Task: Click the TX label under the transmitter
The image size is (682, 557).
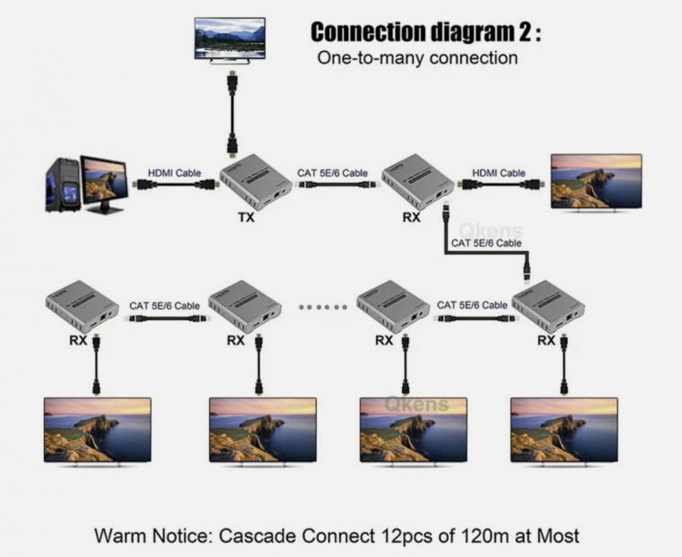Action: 245,217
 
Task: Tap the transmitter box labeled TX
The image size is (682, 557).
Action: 258,180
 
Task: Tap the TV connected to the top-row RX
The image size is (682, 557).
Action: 596,182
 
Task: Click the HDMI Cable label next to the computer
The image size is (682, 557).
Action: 175,172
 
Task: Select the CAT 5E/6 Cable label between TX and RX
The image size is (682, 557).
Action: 332,172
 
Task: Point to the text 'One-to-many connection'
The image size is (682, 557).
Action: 417,58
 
